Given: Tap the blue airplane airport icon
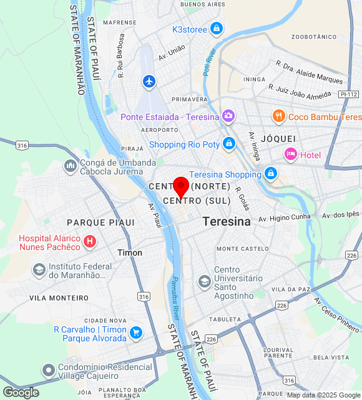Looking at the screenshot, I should pos(149,81).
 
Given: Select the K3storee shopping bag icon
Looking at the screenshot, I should pos(216,29).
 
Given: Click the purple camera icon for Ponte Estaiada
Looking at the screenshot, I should pos(228,116).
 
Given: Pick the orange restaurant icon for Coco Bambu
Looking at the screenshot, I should pos(279,116).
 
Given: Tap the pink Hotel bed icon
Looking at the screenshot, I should pos(290,154).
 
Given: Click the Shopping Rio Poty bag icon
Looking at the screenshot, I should pos(229,144).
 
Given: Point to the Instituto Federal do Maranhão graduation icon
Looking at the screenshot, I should pos(39,270).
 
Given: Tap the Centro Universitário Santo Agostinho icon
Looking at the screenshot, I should pos(204,282).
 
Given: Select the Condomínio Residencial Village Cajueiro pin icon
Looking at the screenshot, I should pos(49,371).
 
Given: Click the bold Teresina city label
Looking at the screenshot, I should pos(227,221).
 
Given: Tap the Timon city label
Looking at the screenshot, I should pos(130,252).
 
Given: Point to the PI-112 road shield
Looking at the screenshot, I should pos(349,94).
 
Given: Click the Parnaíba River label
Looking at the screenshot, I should pos(176,297).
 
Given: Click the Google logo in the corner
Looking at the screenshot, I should pos(20,392).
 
